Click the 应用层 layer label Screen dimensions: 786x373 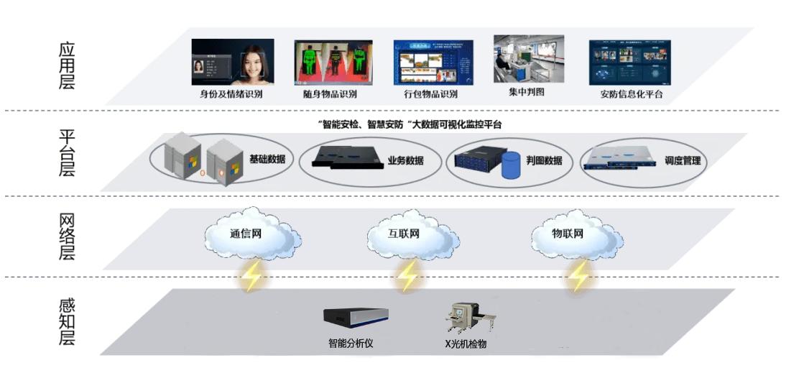pyautogui.click(x=67, y=66)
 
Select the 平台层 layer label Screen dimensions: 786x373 pyautogui.click(x=67, y=153)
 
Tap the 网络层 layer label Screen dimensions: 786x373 pyautogui.click(x=67, y=237)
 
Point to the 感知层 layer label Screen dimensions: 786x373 pyautogui.click(x=67, y=322)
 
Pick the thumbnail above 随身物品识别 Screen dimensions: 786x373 pyautogui.click(x=333, y=62)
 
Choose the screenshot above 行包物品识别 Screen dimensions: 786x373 pyautogui.click(x=433, y=62)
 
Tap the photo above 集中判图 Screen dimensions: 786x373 pyautogui.click(x=529, y=58)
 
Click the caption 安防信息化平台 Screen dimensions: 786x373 pyautogui.click(x=631, y=94)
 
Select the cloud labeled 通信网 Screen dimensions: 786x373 pyautogui.click(x=251, y=234)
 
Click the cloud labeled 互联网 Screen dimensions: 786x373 pyautogui.click(x=412, y=234)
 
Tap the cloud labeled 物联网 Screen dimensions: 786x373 pyautogui.click(x=576, y=234)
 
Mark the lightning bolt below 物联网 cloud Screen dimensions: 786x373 pyautogui.click(x=578, y=276)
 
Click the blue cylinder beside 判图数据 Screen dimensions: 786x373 pyautogui.click(x=511, y=166)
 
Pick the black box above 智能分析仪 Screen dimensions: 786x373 pyautogui.click(x=356, y=316)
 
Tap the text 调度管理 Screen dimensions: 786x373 pyautogui.click(x=683, y=161)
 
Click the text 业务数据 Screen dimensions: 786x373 pyautogui.click(x=405, y=161)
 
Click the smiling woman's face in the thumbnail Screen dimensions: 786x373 pyautogui.click(x=254, y=64)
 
